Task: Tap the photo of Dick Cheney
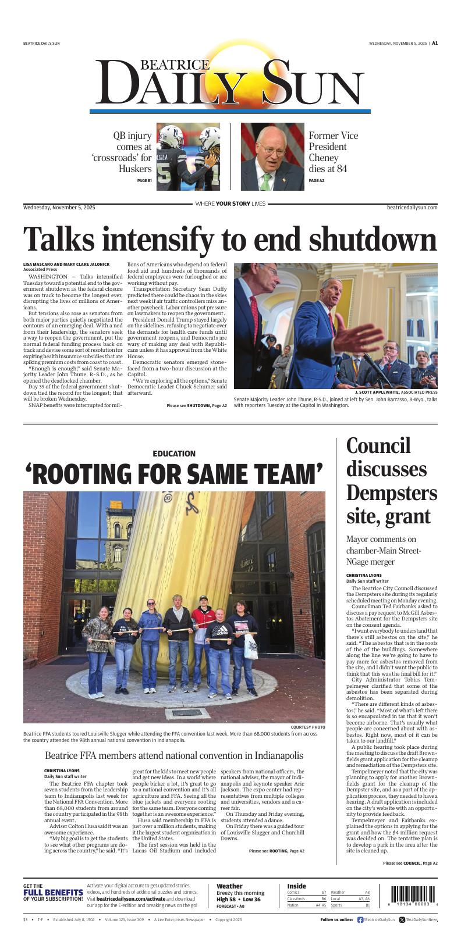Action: pyautogui.click(x=272, y=156)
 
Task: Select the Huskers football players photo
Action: pyautogui.click(x=187, y=156)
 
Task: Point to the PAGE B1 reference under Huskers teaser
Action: pyautogui.click(x=144, y=181)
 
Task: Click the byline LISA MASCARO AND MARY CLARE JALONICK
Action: pyautogui.click(x=66, y=265)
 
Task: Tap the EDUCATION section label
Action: pyautogui.click(x=174, y=454)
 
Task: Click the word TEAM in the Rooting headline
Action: pyautogui.click(x=276, y=473)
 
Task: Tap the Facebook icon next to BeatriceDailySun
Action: pyautogui.click(x=360, y=920)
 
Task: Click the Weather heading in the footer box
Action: pyautogui.click(x=229, y=886)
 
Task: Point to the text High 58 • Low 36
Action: pyautogui.click(x=239, y=900)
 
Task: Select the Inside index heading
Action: pyautogui.click(x=296, y=886)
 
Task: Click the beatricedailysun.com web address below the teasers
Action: pyautogui.click(x=412, y=208)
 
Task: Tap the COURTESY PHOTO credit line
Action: pyautogui.click(x=308, y=727)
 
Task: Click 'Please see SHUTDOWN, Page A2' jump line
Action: pyautogui.click(x=197, y=405)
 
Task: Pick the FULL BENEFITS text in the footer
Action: pyautogui.click(x=53, y=893)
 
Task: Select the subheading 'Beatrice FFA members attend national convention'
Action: pyautogui.click(x=174, y=755)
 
